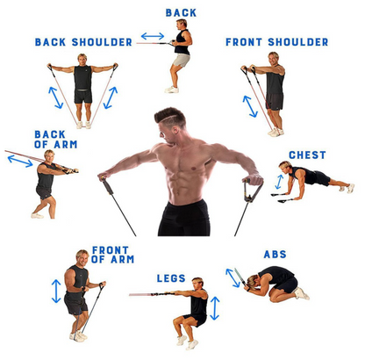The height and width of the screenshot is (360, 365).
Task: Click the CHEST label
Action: (x=307, y=155)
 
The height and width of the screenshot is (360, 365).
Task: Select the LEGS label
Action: (x=171, y=278)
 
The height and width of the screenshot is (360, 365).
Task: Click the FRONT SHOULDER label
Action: (x=276, y=42)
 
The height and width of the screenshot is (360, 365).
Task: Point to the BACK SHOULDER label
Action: (x=83, y=42)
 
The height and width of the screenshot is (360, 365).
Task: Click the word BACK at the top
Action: (x=181, y=13)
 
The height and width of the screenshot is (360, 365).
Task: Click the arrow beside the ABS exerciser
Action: (x=233, y=277)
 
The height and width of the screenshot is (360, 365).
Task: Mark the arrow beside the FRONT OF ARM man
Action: (x=57, y=291)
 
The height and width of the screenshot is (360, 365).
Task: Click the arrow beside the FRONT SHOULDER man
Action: (x=249, y=105)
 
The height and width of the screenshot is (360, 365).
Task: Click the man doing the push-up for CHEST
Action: (x=313, y=179)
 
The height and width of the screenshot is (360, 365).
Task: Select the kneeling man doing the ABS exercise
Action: (x=272, y=283)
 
